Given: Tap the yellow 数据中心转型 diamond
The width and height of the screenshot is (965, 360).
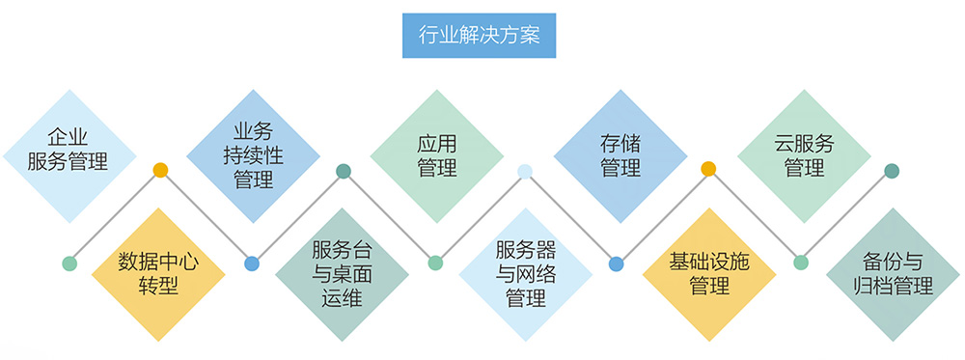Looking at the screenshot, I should [x=159, y=273].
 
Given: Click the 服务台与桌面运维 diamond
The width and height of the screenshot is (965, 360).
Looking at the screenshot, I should [x=343, y=273].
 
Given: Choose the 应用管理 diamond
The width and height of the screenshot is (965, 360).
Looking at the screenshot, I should [x=436, y=154].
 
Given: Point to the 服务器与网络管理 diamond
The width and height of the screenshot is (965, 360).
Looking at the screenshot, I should [x=526, y=273].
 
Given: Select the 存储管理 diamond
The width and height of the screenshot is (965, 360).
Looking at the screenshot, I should [x=620, y=154].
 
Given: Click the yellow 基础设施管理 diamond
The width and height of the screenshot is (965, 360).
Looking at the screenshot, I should [x=709, y=273].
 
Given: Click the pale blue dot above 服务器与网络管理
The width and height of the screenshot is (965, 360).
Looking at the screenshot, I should [x=525, y=171].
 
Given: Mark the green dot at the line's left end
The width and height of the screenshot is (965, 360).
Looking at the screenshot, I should [x=69, y=263].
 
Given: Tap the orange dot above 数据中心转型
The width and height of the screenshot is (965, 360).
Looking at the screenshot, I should [x=160, y=171].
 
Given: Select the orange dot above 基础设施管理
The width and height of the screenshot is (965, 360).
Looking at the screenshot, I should [x=708, y=170].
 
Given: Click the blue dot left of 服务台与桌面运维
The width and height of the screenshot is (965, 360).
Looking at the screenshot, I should [x=252, y=263].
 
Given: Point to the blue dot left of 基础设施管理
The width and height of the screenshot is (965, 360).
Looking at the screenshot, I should [x=617, y=263].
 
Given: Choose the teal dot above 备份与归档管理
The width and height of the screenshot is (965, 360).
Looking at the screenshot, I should [x=892, y=171].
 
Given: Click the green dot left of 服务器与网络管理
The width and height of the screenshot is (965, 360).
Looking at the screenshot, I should [x=435, y=263].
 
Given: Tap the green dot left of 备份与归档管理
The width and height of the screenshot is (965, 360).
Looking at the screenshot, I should [x=800, y=263].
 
